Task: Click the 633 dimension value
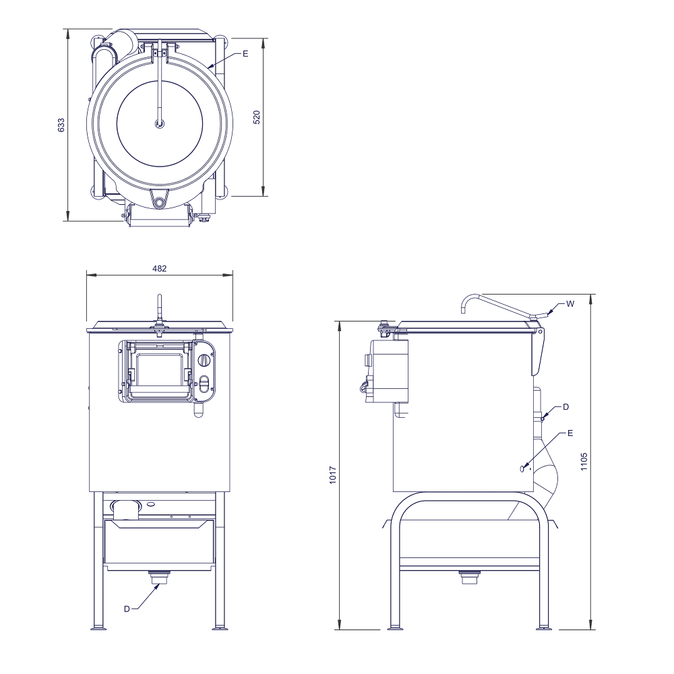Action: tap(61, 125)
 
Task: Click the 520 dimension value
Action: tap(257, 117)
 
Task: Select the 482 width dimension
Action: tap(160, 269)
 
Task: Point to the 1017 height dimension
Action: tap(333, 475)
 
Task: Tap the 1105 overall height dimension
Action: tap(584, 461)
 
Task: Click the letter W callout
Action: tap(570, 304)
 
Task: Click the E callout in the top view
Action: tap(245, 54)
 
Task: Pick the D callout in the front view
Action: tap(127, 609)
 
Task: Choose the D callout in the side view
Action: tap(565, 406)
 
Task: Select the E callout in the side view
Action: tap(570, 433)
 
